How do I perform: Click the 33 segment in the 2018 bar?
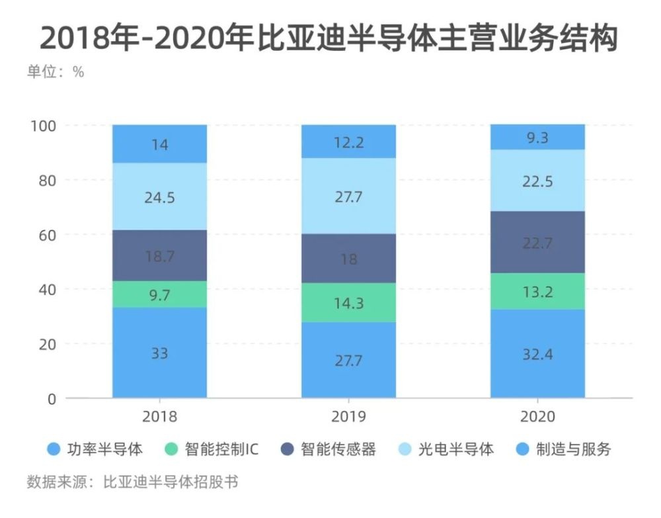(159, 353)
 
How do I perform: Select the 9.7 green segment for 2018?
(159, 294)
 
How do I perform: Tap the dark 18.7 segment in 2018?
(159, 255)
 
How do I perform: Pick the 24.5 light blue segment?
(159, 196)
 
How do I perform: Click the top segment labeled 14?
(159, 144)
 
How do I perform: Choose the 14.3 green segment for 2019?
(348, 303)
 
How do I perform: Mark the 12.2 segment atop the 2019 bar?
(348, 142)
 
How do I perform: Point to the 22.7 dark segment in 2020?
(537, 242)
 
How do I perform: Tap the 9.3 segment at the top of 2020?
(537, 138)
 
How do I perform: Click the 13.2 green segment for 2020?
(537, 291)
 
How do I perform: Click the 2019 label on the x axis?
(348, 417)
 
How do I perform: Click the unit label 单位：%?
(56, 72)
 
